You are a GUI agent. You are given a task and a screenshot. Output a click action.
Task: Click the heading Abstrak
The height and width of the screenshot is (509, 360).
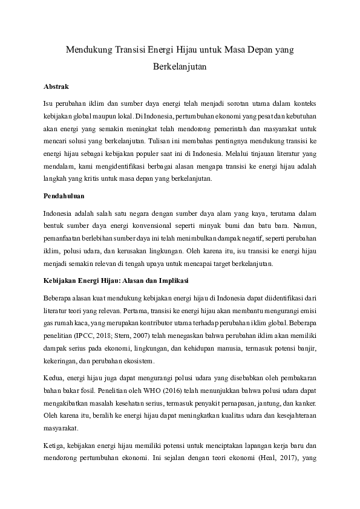pos(57,86)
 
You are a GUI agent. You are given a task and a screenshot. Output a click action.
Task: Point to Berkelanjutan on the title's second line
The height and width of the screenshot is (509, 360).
pos(180,68)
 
